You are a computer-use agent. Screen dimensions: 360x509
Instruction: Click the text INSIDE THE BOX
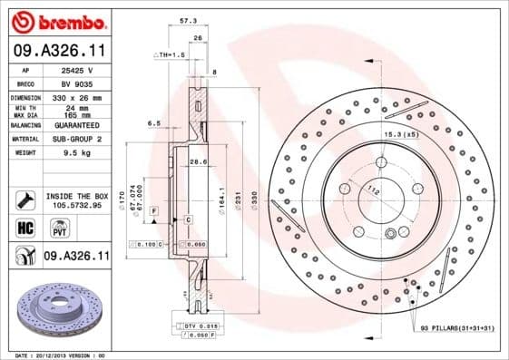pos(76,196)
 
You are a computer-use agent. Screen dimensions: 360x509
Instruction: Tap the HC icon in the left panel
pos(26,227)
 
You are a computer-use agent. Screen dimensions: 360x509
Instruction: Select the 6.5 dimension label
pos(153,122)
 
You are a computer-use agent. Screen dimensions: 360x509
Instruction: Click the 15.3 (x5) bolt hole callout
pos(399,134)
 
